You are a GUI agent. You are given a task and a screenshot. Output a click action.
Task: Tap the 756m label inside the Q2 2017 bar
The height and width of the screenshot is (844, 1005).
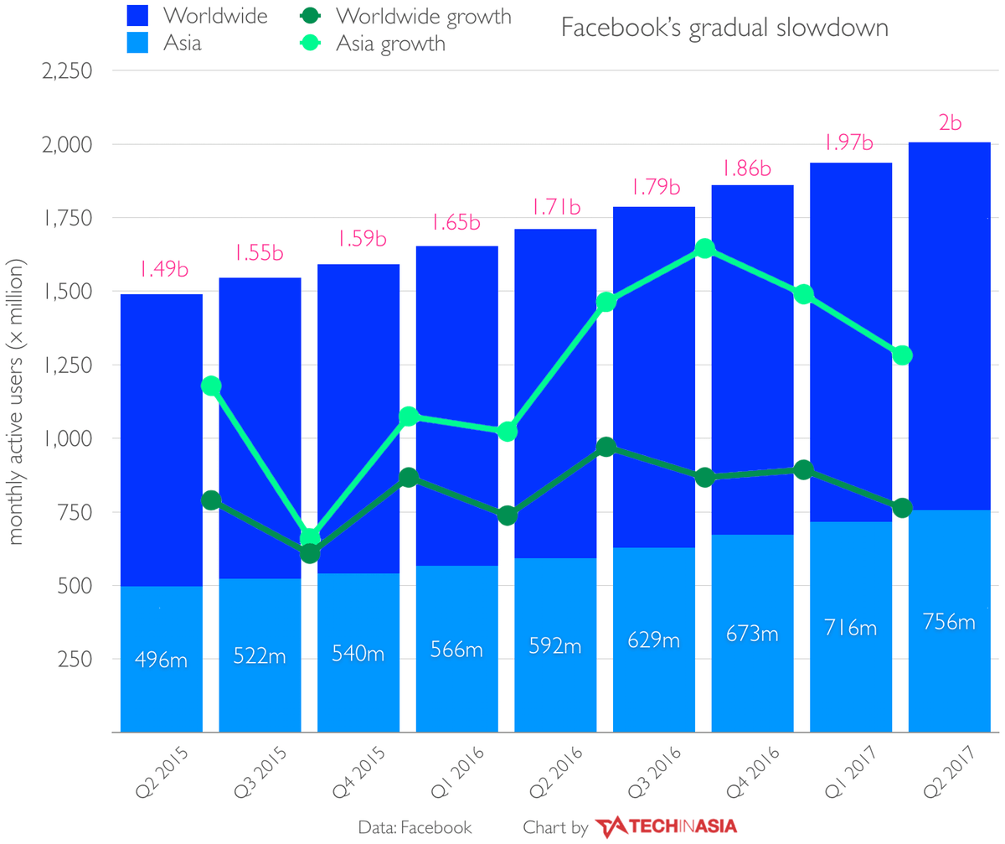(x=950, y=622)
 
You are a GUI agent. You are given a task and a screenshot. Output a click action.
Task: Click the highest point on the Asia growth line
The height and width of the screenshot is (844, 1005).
(x=704, y=248)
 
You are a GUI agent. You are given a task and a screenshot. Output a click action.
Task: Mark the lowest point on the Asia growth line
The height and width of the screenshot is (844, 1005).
(x=310, y=536)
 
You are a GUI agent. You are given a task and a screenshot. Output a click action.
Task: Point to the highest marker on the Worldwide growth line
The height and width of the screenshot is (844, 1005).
(x=606, y=448)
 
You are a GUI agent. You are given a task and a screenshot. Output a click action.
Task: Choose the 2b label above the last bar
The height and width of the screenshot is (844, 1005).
(x=949, y=122)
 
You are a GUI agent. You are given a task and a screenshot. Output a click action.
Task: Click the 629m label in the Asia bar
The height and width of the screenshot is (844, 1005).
(x=654, y=640)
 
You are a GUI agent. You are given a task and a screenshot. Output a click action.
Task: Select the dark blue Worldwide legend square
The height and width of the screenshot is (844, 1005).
(x=138, y=15)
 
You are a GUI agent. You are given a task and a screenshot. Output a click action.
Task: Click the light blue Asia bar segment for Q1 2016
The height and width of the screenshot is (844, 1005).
(x=457, y=612)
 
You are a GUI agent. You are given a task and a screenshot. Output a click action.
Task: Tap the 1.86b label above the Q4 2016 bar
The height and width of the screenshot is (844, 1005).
(x=752, y=168)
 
